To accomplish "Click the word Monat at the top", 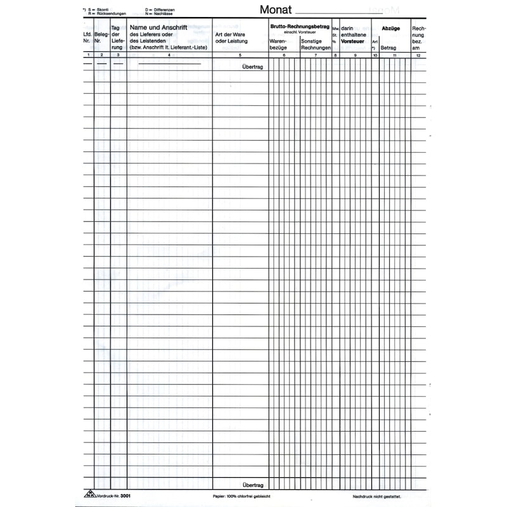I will pyautogui.click(x=276, y=10).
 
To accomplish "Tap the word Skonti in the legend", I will pyautogui.click(x=103, y=10).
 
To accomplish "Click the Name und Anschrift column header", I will pyautogui.click(x=158, y=28).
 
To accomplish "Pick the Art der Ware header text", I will pyautogui.click(x=229, y=34).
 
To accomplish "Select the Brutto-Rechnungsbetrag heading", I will pyautogui.click(x=299, y=26).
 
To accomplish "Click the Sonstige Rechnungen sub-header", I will pyautogui.click(x=316, y=44).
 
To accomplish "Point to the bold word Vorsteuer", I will pyautogui.click(x=354, y=41).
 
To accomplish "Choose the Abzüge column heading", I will pyautogui.click(x=390, y=29).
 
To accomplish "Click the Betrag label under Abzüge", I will pyautogui.click(x=388, y=48).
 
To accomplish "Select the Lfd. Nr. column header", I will pyautogui.click(x=87, y=38).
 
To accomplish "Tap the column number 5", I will pyautogui.click(x=240, y=56).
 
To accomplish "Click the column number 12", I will pyautogui.click(x=418, y=56).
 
